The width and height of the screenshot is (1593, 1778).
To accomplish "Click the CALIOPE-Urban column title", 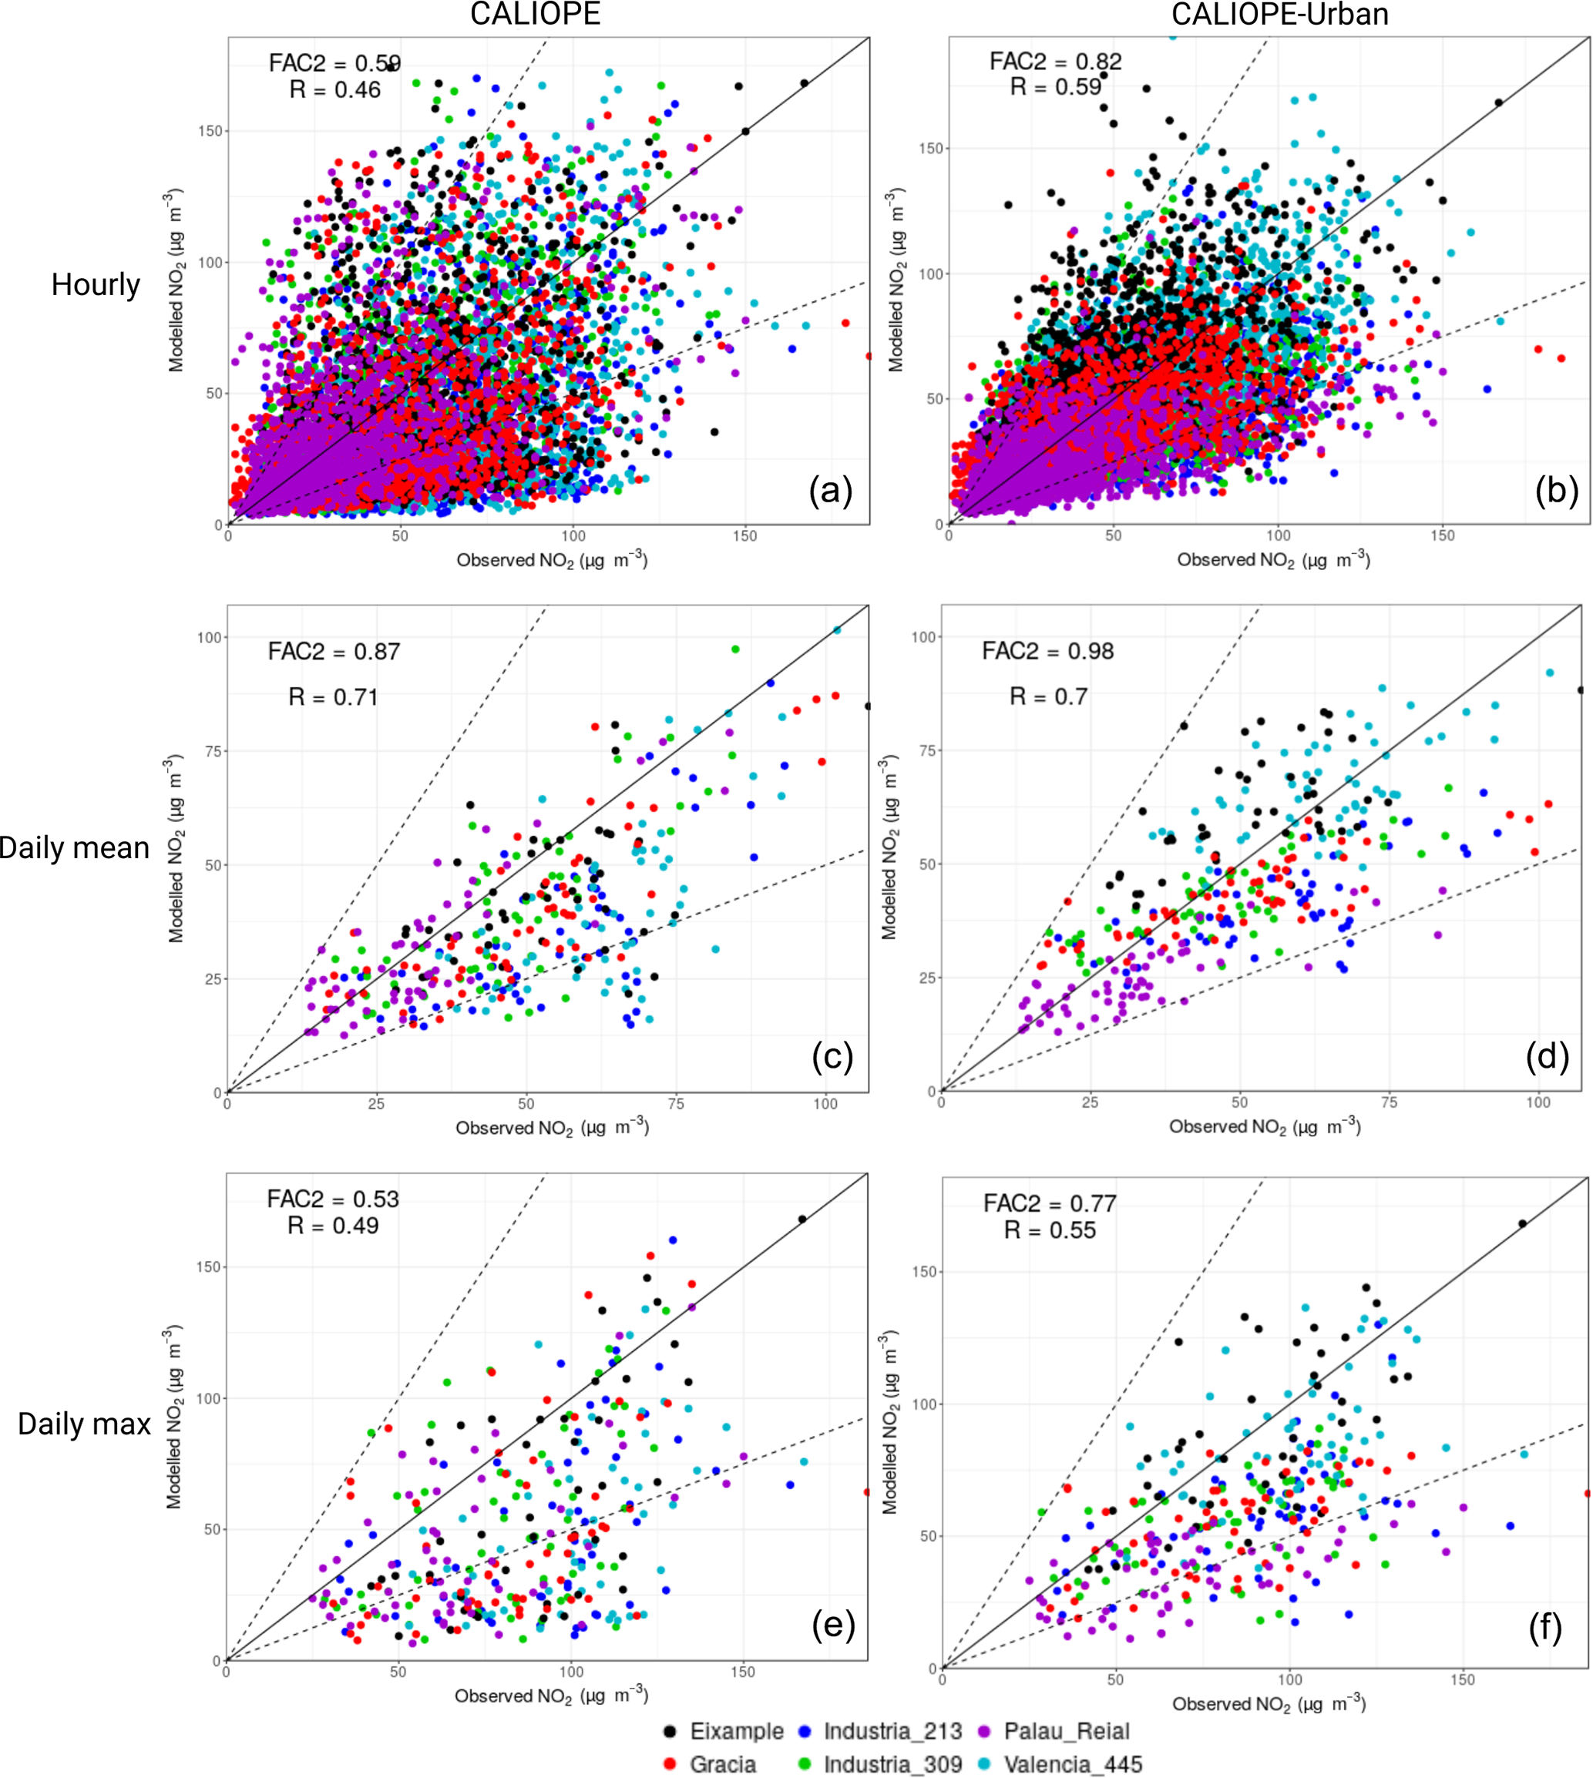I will click(x=1279, y=15).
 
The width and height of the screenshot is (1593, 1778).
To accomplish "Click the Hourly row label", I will click(x=96, y=284).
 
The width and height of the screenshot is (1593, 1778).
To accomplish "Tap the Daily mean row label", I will click(x=75, y=848).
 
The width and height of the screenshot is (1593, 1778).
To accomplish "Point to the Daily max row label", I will click(x=84, y=1424).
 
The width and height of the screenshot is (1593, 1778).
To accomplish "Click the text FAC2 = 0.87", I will click(x=334, y=651).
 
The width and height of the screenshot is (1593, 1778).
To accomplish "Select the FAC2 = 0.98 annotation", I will click(x=1047, y=651).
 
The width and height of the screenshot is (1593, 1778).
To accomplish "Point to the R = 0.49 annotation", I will click(x=333, y=1226).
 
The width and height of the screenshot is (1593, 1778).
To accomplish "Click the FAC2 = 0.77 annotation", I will click(x=1050, y=1204).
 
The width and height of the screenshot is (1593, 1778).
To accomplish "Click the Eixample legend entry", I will click(x=736, y=1731).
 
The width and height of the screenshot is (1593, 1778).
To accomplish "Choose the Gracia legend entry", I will click(x=722, y=1764).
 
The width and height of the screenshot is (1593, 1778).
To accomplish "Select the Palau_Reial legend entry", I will click(x=1066, y=1731).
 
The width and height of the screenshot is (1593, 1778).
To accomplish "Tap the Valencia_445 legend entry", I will click(x=1072, y=1764).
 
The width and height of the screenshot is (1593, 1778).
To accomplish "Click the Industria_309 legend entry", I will click(x=892, y=1764).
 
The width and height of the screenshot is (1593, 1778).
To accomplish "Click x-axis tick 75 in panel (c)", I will click(x=676, y=1104).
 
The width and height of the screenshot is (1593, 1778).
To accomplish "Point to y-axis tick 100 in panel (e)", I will click(x=207, y=1398).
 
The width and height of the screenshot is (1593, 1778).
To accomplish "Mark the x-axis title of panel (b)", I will click(x=1272, y=560).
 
